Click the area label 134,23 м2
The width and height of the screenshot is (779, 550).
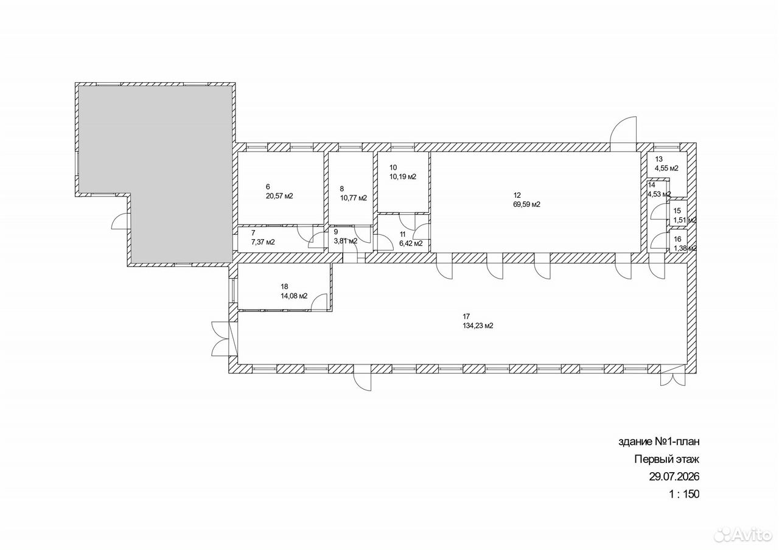[x=478, y=326]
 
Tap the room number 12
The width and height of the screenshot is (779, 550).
[x=517, y=195]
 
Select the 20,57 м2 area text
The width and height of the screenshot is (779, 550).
[x=279, y=196]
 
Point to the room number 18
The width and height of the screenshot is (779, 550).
[x=284, y=287]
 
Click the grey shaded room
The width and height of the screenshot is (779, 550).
[x=155, y=174]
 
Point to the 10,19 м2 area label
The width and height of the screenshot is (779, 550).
[x=403, y=177]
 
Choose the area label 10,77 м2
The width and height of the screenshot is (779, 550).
[x=354, y=198]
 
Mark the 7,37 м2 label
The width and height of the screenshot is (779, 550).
[x=263, y=242]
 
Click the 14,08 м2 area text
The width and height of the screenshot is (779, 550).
[x=294, y=296]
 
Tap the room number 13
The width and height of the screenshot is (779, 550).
[x=658, y=159]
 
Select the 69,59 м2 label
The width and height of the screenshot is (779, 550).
[x=526, y=204]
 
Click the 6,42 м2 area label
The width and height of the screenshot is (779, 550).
[x=411, y=244]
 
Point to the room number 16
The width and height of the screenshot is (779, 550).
[x=677, y=239]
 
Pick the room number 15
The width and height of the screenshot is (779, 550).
[x=677, y=211]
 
